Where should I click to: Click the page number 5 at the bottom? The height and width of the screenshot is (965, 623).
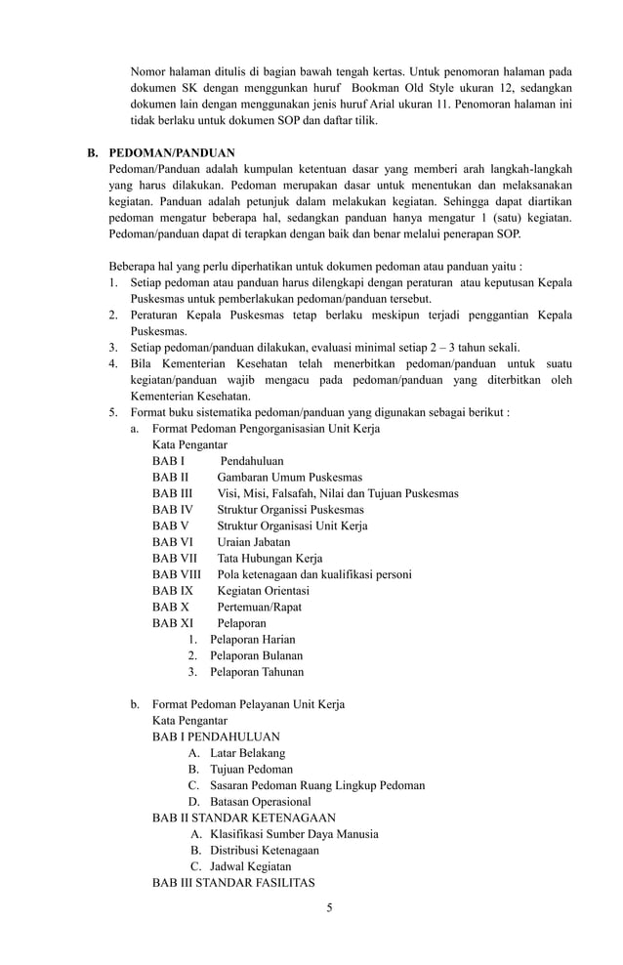[330, 907]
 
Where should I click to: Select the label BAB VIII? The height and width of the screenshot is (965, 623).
[176, 574]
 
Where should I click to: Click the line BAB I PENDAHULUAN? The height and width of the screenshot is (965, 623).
[216, 736]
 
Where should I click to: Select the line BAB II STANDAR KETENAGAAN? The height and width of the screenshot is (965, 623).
[244, 818]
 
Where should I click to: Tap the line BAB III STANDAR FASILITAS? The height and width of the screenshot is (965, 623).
[233, 882]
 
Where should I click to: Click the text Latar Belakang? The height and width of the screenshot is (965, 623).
[248, 753]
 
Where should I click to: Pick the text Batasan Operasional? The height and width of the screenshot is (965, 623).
[261, 802]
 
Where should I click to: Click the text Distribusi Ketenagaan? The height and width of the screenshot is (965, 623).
[264, 850]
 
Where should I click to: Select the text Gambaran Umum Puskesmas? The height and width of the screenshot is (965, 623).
[289, 477]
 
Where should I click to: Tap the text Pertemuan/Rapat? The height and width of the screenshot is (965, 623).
[259, 607]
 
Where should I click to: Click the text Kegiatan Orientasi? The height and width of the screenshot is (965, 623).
[263, 591]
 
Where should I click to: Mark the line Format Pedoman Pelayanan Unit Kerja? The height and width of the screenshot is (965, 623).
[248, 704]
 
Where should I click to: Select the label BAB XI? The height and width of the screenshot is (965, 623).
[172, 623]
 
